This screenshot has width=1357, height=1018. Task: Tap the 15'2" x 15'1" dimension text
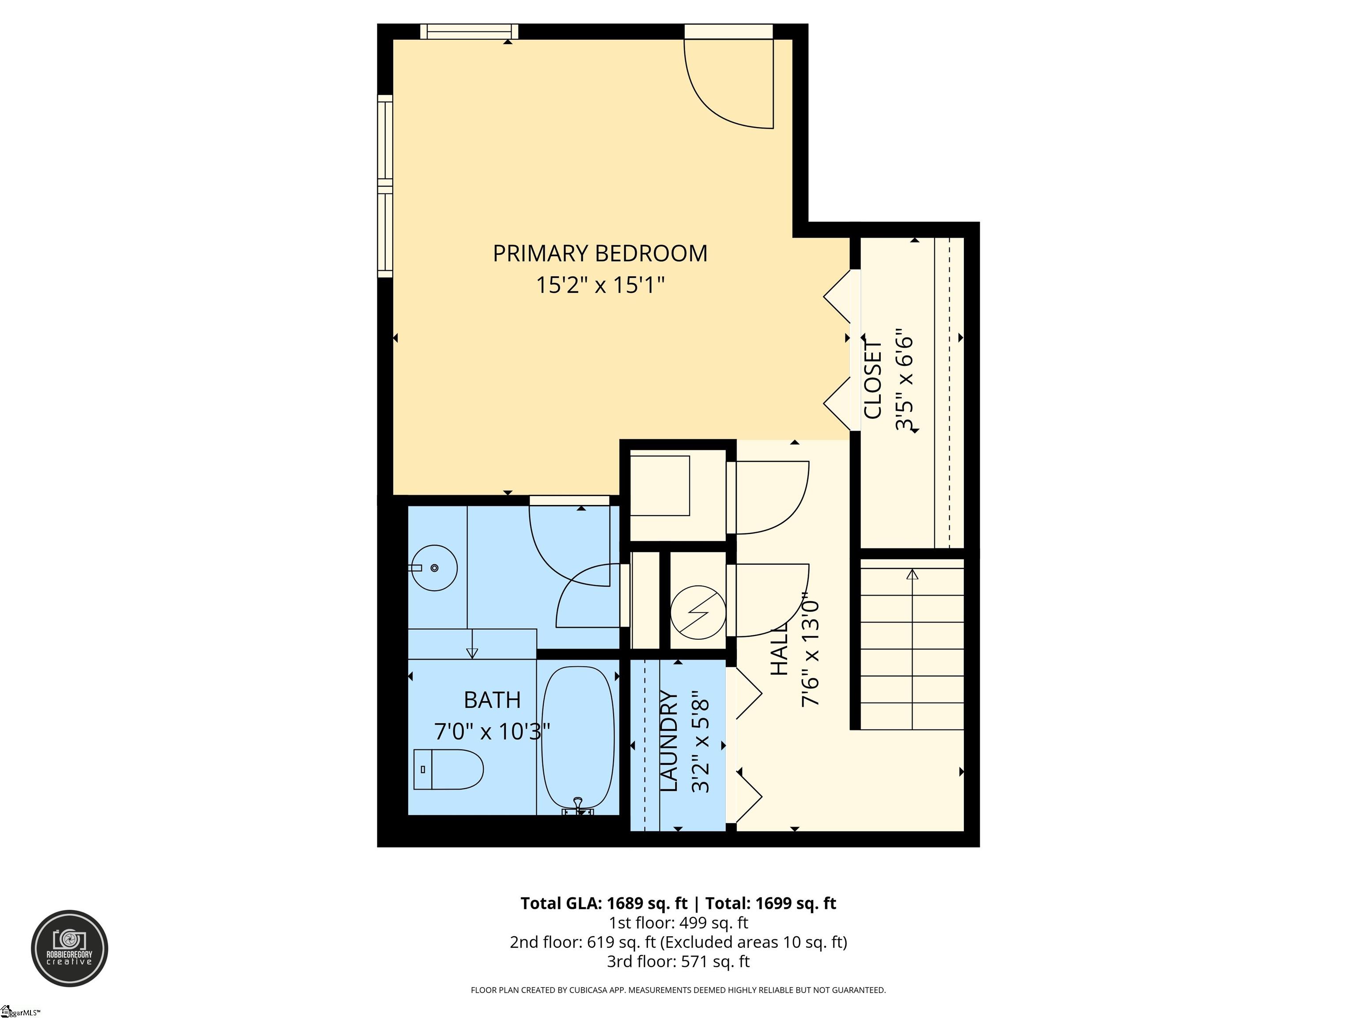pyautogui.click(x=599, y=285)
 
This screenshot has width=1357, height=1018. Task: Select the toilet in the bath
pyautogui.click(x=448, y=769)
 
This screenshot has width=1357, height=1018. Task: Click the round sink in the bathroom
pyautogui.click(x=434, y=568)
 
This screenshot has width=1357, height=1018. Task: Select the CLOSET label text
pyautogui.click(x=872, y=380)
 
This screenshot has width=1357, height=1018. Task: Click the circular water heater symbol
pyautogui.click(x=697, y=612)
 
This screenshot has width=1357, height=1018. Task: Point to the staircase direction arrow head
pyautogui.click(x=912, y=574)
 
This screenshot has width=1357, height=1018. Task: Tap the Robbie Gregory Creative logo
pyautogui.click(x=69, y=948)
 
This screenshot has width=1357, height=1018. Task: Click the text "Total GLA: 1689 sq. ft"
pyautogui.click(x=604, y=903)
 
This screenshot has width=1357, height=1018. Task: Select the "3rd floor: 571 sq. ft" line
pyautogui.click(x=678, y=961)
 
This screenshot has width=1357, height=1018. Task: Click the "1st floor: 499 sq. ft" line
pyautogui.click(x=678, y=922)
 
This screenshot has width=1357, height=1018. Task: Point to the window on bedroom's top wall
pyautogui.click(x=469, y=31)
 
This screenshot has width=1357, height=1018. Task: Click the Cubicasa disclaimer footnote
pyautogui.click(x=678, y=990)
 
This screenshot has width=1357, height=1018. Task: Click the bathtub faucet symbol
pyautogui.click(x=578, y=806)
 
